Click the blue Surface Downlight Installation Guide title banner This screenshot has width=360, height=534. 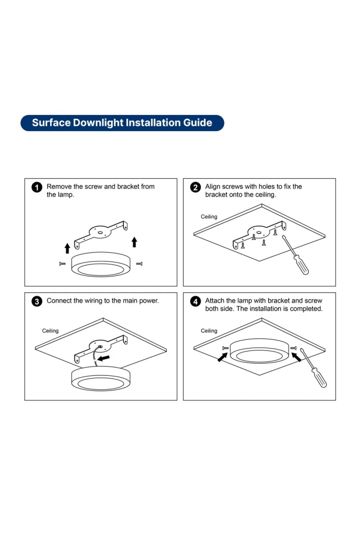[x=122, y=123]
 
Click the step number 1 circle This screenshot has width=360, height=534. [x=36, y=187]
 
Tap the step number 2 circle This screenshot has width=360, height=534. [x=195, y=187]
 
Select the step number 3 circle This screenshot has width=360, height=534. [x=36, y=301]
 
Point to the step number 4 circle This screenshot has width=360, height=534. [x=195, y=301]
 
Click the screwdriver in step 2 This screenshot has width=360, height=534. [x=295, y=255]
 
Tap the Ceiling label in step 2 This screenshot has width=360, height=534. [x=209, y=217]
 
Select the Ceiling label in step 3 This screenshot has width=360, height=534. [x=50, y=331]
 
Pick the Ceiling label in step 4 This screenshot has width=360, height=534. [x=209, y=331]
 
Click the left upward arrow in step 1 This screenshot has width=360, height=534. [x=68, y=248]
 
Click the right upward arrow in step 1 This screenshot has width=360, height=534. [x=134, y=242]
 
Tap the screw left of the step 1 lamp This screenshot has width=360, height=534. [x=62, y=264]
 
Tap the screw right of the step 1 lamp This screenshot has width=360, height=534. [x=139, y=264]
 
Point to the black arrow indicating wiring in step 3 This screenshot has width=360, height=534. [x=103, y=358]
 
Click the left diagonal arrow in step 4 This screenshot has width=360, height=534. [x=223, y=357]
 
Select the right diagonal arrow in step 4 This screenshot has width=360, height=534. [x=296, y=357]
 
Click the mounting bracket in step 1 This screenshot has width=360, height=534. [x=101, y=235]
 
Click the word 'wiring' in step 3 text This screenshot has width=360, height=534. [x=93, y=300]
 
